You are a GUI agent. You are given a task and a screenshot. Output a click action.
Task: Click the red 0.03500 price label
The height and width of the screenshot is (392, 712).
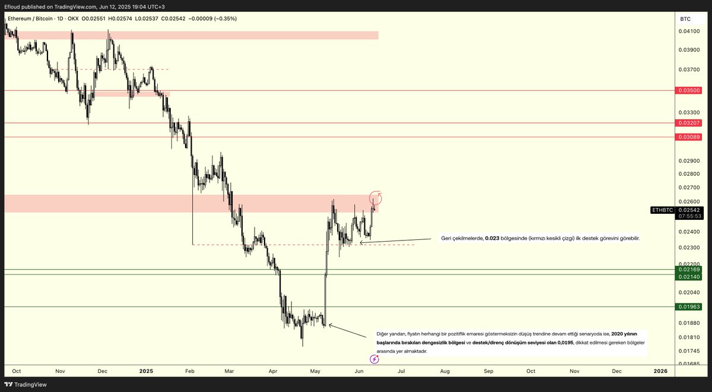click(688, 90)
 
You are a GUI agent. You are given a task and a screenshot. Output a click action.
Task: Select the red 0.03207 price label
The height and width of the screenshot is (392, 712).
click(688, 122)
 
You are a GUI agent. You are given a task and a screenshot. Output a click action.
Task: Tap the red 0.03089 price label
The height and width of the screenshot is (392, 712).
click(688, 137)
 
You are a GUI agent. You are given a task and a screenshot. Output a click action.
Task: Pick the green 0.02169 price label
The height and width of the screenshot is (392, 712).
click(688, 270)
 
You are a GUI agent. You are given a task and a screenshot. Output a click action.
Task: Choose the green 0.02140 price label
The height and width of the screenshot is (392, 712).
click(688, 277)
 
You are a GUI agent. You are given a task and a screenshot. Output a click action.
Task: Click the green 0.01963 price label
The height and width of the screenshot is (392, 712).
click(688, 306)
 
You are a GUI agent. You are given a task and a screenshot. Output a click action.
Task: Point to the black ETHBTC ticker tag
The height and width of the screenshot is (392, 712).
click(662, 210)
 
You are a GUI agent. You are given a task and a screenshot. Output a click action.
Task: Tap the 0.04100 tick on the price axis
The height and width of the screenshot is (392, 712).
click(688, 31)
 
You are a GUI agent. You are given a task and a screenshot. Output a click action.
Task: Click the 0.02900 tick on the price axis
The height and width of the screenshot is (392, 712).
click(688, 161)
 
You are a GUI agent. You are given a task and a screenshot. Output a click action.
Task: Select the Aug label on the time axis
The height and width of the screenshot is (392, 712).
click(444, 371)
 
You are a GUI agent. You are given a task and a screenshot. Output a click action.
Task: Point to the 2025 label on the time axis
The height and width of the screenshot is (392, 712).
click(146, 371)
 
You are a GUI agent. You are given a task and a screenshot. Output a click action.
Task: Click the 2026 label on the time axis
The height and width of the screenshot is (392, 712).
click(660, 371)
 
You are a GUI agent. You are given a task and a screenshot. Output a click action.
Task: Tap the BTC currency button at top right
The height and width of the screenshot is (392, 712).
click(685, 19)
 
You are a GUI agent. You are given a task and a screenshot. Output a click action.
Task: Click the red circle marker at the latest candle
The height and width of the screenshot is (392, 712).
click(376, 198)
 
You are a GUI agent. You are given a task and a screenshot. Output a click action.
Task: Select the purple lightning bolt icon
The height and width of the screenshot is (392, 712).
click(374, 359)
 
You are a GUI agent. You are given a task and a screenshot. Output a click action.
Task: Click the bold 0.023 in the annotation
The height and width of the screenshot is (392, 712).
click(491, 238)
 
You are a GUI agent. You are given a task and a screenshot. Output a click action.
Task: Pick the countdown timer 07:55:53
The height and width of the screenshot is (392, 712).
click(688, 216)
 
